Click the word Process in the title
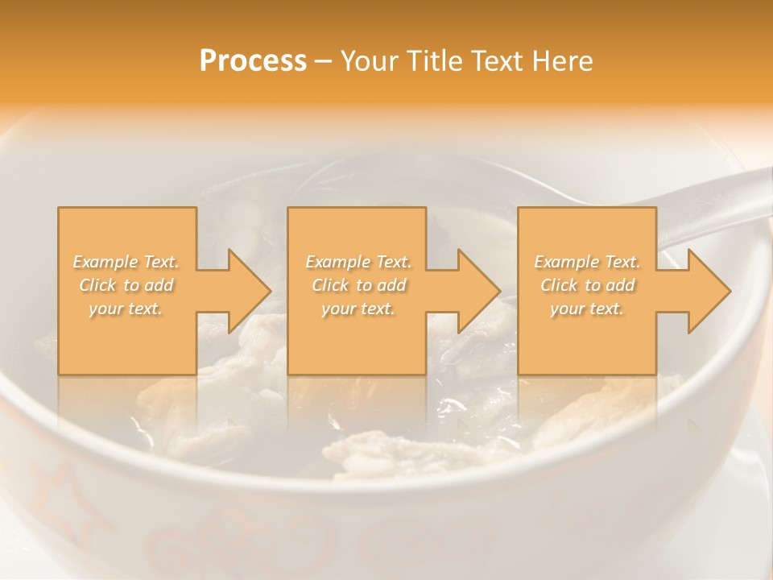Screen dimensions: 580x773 point(253,61)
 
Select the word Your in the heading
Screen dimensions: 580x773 point(368,61)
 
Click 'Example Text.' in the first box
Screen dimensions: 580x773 point(126,262)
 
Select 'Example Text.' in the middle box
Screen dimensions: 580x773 point(358,262)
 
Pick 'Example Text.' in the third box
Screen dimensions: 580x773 point(587,262)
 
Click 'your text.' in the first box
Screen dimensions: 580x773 point(126,309)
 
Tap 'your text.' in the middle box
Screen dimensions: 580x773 point(358,309)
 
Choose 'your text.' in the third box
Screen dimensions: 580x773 point(586,309)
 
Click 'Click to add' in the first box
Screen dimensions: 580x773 point(126,285)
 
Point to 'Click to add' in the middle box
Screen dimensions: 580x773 point(358,285)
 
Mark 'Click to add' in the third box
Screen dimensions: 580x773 point(587,285)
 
